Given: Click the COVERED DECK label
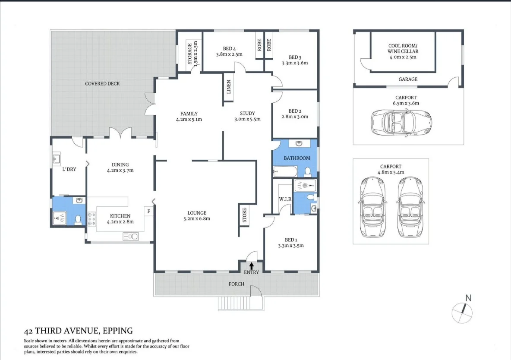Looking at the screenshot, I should tap(102, 83).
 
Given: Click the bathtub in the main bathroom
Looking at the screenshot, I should tap(285, 173).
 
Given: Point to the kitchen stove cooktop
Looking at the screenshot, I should tap(91, 219).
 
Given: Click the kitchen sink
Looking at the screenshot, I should tap(130, 236).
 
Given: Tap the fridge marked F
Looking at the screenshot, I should tap(149, 212).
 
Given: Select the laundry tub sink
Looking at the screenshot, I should tap(56, 160).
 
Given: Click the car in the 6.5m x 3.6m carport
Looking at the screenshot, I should tap(401, 122).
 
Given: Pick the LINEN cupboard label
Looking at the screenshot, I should tap(229, 87).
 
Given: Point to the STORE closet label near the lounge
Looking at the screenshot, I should tap(244, 215).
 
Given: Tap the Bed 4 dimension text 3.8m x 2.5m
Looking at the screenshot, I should tap(229, 54).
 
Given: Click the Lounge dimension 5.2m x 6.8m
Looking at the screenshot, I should tap(196, 218).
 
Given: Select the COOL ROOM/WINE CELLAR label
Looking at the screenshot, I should tap(403, 51).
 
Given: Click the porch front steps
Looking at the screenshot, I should tap(240, 303).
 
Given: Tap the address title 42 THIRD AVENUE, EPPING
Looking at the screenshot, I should tap(78, 331).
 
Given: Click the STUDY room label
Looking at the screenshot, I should tap(247, 114).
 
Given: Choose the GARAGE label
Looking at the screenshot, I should tap(408, 79).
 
